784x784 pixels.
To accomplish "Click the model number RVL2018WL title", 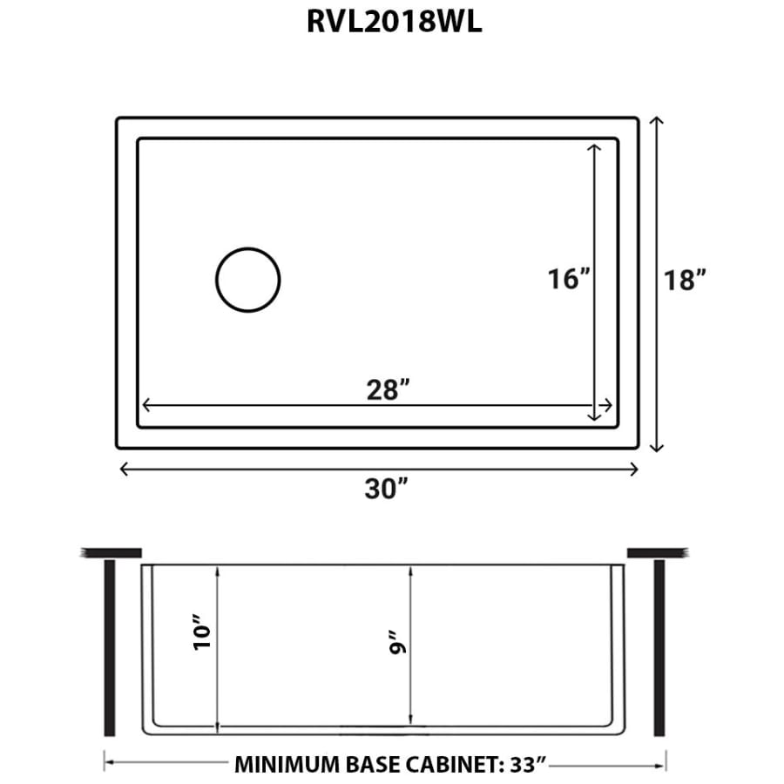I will point(394,23).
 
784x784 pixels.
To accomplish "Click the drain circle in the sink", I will point(248,280).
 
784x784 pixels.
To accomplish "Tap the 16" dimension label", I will point(569,280).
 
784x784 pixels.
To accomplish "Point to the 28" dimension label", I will point(388,391).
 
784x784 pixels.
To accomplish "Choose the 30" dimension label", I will point(387,489).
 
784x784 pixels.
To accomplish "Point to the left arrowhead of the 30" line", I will point(123,469).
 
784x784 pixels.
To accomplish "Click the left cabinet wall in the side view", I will point(110,648).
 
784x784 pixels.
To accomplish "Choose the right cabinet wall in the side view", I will point(659,648).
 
